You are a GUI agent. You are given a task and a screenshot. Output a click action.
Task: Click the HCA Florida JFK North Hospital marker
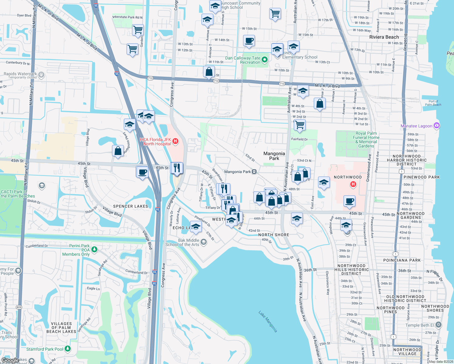pyautogui.click(x=175, y=141)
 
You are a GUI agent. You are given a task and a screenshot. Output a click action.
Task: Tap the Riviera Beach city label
pyautogui.click(x=384, y=37)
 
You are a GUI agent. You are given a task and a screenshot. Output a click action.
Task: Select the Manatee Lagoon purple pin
pyautogui.click(x=436, y=126)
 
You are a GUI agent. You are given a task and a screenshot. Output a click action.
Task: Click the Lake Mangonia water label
pyautogui.click(x=268, y=321)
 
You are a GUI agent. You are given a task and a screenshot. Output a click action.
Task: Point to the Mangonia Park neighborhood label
pyautogui.click(x=274, y=156)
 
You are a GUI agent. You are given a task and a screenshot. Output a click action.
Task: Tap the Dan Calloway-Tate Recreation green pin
pyautogui.click(x=265, y=60)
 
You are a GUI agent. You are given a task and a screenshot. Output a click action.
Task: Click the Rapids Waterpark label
pyautogui.click(x=20, y=74)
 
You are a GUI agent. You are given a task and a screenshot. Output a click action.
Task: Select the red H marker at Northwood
pyautogui.click(x=353, y=184)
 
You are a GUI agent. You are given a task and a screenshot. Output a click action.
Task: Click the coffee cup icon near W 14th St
pyautogui.click(x=249, y=41)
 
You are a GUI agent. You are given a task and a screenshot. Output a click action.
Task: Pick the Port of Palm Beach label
pyautogui.click(x=433, y=103)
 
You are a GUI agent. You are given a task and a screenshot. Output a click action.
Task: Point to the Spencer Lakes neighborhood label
pyautogui.click(x=130, y=206)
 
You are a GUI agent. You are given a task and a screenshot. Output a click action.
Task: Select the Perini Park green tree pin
pyautogui.click(x=94, y=249)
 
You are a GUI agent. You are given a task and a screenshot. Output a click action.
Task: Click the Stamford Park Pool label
pyautogui.click(x=45, y=349)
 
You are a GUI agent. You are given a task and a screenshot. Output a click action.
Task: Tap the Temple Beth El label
pyautogui.click(x=419, y=325)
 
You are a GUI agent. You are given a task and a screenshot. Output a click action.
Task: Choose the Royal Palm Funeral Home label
pyautogui.click(x=366, y=140)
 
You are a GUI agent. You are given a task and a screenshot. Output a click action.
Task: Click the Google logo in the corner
pyautogui.click(x=10, y=360)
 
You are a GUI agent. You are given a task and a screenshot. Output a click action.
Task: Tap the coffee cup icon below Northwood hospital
pyautogui.click(x=350, y=201)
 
